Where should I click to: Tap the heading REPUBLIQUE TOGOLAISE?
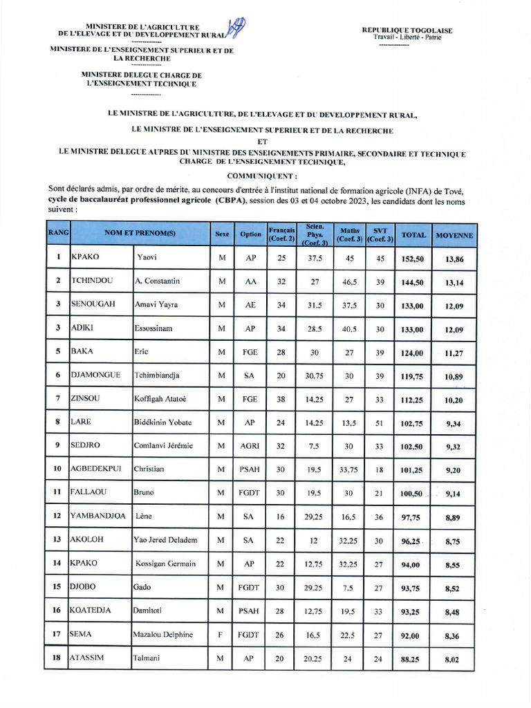pos(407,30)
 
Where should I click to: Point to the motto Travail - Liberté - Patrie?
pos(407,37)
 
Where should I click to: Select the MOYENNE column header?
pos(454,234)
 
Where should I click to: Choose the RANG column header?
pos(57,233)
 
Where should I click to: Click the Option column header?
pos(250,234)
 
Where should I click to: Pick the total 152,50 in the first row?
pos(413,258)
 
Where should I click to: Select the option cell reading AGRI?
pos(250,446)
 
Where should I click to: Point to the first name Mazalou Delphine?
pos(162,634)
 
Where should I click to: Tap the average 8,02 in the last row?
pos(452,659)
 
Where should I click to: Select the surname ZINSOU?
pos(87,398)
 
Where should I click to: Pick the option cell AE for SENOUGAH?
pos(250,305)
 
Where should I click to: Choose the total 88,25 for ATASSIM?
pos(413,659)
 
